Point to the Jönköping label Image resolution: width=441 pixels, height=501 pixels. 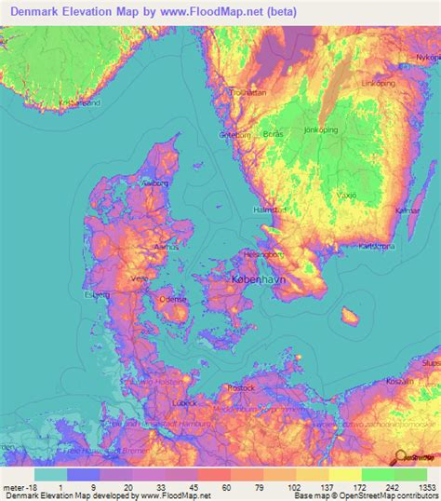(x=324, y=130)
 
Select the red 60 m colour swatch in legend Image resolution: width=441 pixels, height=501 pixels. (x=227, y=474)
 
